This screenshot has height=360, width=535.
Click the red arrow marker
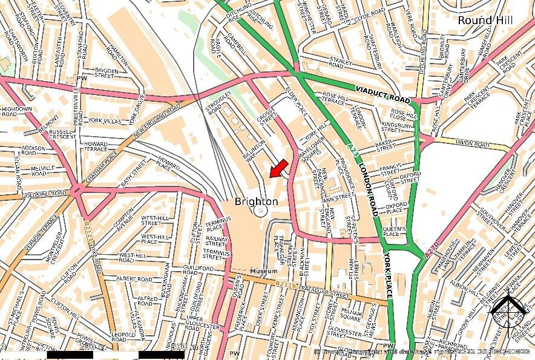pos(278,169)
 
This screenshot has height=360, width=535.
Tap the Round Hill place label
pos(485,20)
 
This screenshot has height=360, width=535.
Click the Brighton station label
pos(257,201)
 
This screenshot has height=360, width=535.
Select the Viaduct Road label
pos(382,94)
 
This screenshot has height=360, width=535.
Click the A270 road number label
pos(431,249)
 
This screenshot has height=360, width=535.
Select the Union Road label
pos(472,144)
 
